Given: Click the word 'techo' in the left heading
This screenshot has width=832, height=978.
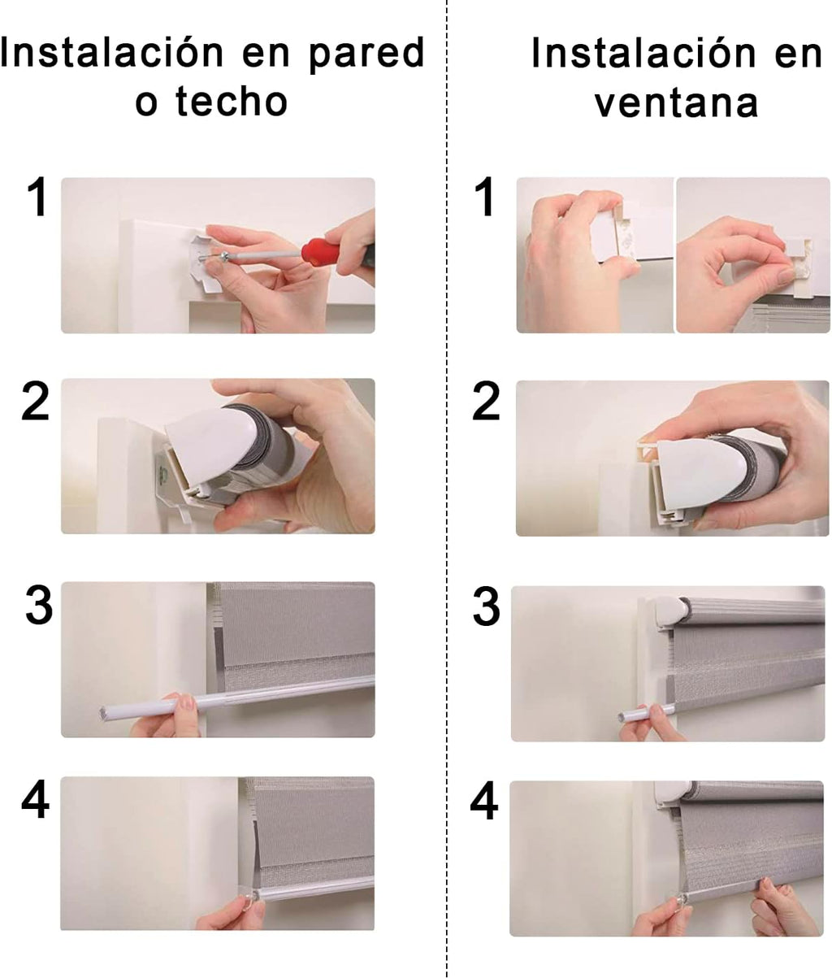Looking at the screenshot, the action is [x=232, y=101].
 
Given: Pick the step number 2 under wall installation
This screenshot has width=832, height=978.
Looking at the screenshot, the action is [x=35, y=402].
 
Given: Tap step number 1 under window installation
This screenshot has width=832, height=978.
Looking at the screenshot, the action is [x=485, y=196].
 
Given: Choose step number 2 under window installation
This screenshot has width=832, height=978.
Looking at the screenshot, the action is [x=486, y=402].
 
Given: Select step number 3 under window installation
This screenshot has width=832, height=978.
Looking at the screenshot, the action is [x=486, y=606].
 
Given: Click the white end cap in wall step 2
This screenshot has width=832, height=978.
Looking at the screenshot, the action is [x=203, y=447].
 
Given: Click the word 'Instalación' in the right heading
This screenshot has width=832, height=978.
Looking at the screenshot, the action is [x=643, y=53].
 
